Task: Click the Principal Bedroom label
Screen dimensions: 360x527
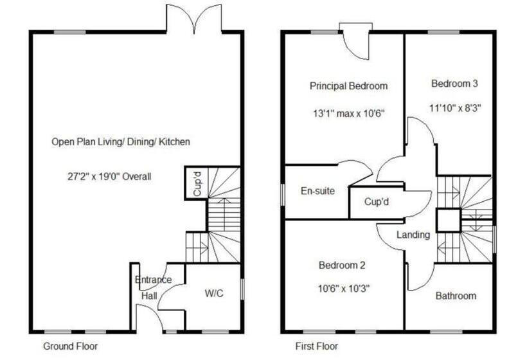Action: (348, 85)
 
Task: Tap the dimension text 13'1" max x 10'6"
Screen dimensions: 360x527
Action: (348, 114)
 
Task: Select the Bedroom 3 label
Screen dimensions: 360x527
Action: (454, 83)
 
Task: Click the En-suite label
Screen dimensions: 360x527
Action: (317, 191)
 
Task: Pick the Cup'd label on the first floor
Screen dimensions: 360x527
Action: (377, 202)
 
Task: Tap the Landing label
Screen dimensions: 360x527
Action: (413, 235)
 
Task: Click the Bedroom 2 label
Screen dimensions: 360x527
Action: (342, 264)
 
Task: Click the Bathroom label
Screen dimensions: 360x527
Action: (456, 296)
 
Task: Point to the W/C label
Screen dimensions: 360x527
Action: (214, 294)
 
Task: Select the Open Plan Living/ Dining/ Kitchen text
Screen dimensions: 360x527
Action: (121, 141)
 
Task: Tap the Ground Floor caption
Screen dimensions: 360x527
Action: (70, 346)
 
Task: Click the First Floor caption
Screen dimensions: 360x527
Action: (316, 346)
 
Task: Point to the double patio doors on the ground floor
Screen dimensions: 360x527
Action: (194, 18)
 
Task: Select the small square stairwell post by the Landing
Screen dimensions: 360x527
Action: (449, 220)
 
